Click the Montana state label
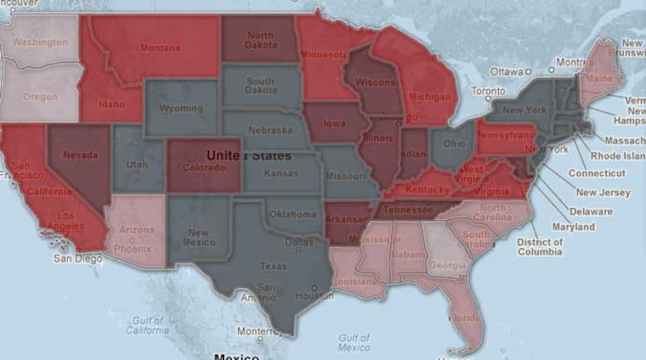click(160, 48)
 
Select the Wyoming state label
click(182, 109)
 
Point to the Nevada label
click(80, 155)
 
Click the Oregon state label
click(40, 97)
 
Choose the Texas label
click(273, 266)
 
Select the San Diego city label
click(79, 259)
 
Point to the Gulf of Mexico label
click(354, 342)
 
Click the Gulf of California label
click(148, 326)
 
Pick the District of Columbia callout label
click(540, 246)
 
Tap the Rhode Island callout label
click(618, 155)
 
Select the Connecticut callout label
click(597, 173)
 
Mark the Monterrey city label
click(258, 331)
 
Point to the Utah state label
click(137, 164)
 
